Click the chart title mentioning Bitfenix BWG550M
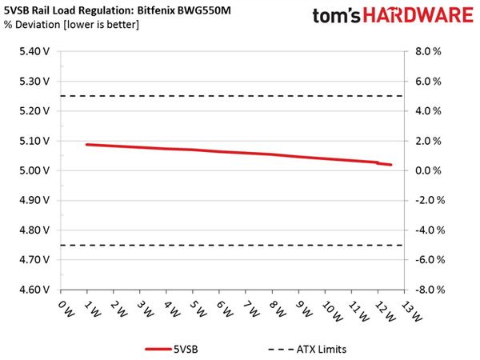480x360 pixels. (118, 10)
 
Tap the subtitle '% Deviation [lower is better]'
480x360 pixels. (72, 25)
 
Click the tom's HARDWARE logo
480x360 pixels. (393, 15)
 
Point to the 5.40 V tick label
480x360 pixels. (34, 51)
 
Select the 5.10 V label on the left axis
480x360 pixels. (34, 141)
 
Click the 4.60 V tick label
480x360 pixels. (34, 290)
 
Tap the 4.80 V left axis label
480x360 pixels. (34, 230)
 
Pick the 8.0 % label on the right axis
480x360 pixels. (428, 51)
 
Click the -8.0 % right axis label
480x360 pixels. (430, 290)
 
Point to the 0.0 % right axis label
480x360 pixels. (428, 170)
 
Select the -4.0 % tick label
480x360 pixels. (430, 230)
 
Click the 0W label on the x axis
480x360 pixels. (66, 309)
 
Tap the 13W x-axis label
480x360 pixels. (412, 311)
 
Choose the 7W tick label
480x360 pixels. (251, 309)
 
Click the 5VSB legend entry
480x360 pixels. (171, 350)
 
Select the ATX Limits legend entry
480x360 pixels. (307, 350)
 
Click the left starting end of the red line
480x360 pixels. (87, 145)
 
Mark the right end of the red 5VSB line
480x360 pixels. (390, 165)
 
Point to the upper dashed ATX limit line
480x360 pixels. (231, 96)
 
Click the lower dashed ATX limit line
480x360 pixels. (231, 246)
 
